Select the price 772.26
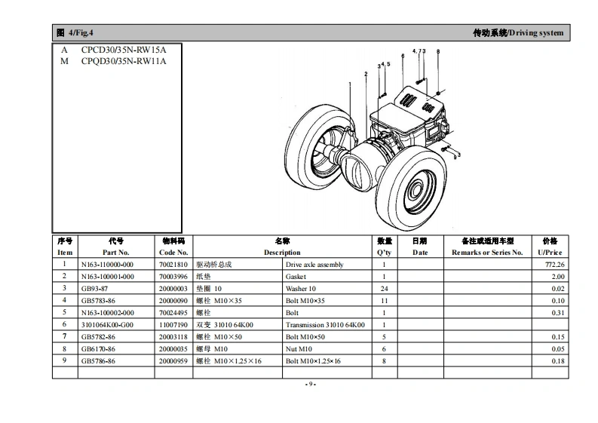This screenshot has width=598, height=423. (x=554, y=265)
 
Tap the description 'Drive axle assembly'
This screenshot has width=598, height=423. (x=314, y=265)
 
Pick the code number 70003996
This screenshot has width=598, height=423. (x=173, y=277)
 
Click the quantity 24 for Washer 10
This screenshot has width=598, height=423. (x=384, y=289)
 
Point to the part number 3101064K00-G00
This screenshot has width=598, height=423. (x=107, y=325)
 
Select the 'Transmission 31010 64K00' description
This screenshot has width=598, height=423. (x=324, y=325)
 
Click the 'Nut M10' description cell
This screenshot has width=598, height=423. (x=300, y=349)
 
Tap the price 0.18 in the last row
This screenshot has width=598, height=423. (x=557, y=361)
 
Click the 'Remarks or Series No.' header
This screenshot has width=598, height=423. (x=487, y=253)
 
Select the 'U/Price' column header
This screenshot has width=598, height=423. (x=550, y=253)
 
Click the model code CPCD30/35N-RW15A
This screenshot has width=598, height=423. (x=124, y=50)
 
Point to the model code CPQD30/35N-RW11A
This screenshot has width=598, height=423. (x=124, y=61)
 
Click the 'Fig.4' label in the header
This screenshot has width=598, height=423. (x=81, y=33)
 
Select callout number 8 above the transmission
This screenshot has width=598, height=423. (x=438, y=51)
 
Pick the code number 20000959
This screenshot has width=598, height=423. (x=173, y=361)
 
